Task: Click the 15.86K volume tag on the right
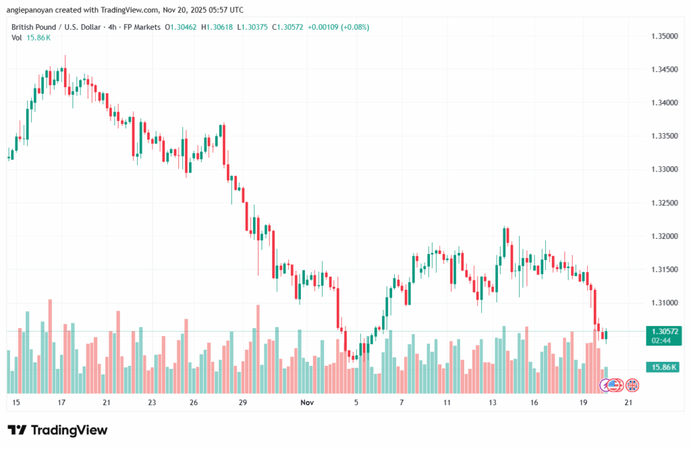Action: coord(661,367)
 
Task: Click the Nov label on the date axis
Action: coord(307,403)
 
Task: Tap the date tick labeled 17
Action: coord(61,403)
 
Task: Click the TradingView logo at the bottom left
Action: coord(57,430)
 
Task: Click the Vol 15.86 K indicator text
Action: coord(31,38)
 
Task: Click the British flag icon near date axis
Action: coord(632,386)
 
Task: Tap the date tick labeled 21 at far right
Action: coord(628,403)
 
